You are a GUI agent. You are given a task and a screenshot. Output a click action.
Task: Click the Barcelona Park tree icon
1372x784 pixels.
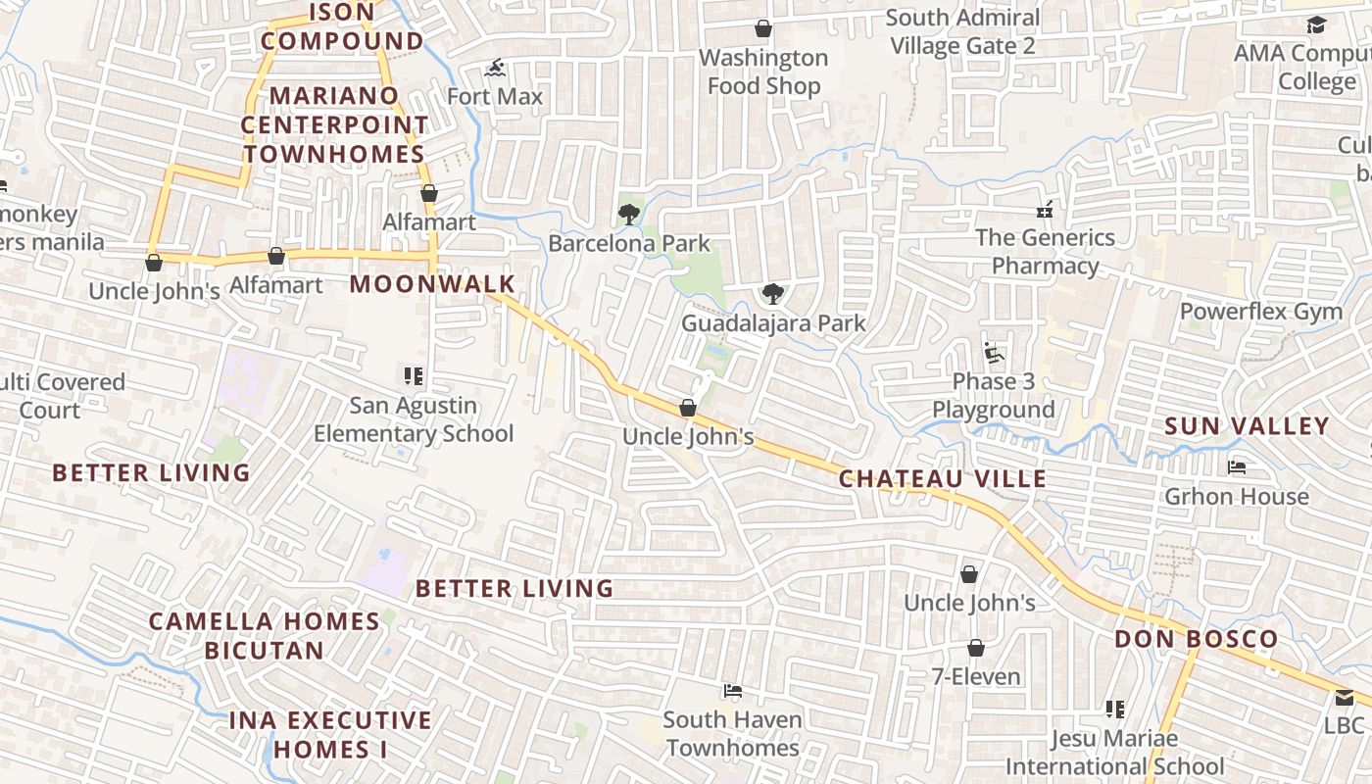point(628,214)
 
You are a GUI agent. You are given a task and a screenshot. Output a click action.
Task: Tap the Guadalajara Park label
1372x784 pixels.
point(773,323)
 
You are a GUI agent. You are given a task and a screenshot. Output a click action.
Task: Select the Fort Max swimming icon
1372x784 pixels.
point(495,69)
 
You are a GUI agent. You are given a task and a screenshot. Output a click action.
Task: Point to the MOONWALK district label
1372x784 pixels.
point(432,284)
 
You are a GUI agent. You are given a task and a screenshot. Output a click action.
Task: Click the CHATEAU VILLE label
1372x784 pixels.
point(943,479)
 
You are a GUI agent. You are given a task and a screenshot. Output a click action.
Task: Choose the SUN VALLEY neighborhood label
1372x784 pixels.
point(1247,426)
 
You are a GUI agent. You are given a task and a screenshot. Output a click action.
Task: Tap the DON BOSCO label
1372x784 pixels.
point(1196,640)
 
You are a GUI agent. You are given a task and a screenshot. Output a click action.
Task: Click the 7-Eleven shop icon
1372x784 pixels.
point(975,648)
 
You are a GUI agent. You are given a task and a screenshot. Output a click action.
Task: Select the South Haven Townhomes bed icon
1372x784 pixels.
point(732,691)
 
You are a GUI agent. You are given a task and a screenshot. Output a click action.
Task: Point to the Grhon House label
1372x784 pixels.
point(1236,497)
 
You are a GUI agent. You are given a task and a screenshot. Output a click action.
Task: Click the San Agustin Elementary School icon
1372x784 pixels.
point(413,376)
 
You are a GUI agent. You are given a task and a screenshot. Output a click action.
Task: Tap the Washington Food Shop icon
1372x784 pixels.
point(762,28)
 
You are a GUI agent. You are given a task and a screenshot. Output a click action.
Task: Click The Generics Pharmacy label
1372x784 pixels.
point(1045,252)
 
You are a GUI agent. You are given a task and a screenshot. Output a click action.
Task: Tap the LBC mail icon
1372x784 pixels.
point(1344,698)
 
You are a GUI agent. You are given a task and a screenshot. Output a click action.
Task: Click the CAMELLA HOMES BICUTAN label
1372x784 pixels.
point(265,636)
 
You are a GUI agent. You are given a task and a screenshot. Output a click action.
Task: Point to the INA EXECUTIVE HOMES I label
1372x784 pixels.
point(330,735)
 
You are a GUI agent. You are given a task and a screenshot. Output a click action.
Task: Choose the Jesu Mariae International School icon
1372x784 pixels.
point(1114,709)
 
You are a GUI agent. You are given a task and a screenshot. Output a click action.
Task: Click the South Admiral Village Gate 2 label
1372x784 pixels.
point(962,31)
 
